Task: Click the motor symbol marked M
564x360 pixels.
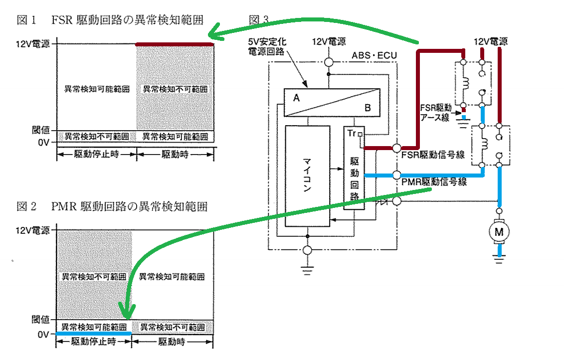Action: pyautogui.click(x=499, y=231)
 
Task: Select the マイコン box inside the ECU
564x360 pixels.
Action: pyautogui.click(x=307, y=176)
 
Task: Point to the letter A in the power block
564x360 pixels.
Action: pyautogui.click(x=296, y=98)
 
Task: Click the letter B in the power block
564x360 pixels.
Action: pyautogui.click(x=368, y=107)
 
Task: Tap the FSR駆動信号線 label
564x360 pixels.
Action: pyautogui.click(x=433, y=156)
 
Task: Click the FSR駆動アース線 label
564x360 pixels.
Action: pyautogui.click(x=435, y=112)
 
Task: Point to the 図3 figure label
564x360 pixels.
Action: pyautogui.click(x=258, y=20)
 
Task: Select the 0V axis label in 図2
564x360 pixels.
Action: pyautogui.click(x=44, y=334)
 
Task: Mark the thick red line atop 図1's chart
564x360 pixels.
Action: pyautogui.click(x=175, y=44)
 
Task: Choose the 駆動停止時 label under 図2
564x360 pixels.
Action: pyautogui.click(x=93, y=342)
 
